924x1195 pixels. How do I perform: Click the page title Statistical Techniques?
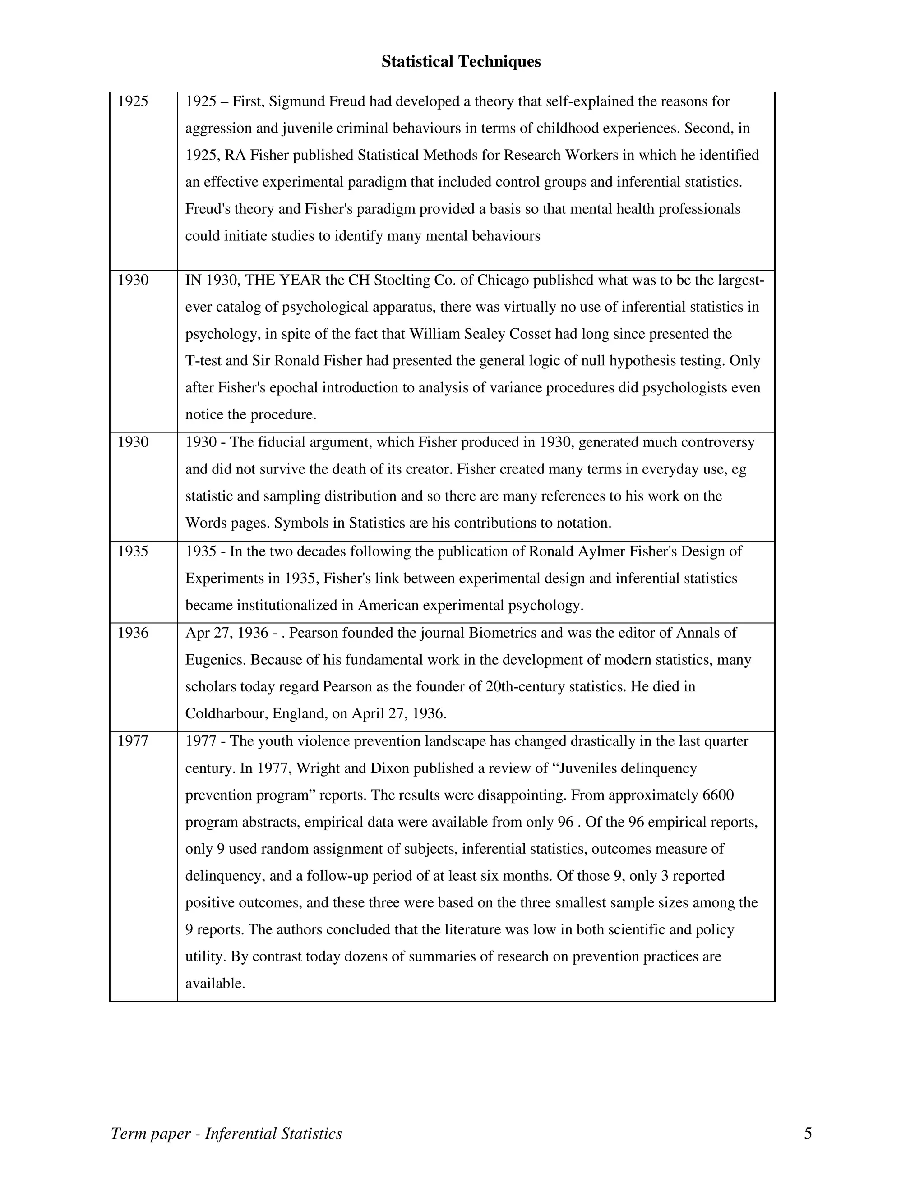click(x=461, y=61)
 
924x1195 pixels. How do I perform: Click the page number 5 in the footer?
click(x=808, y=1133)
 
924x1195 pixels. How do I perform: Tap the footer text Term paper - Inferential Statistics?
click(x=226, y=1133)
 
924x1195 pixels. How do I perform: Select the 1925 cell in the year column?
click(x=133, y=101)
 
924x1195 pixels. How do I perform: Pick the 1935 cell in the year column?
click(x=133, y=551)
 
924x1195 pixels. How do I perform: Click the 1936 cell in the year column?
click(x=133, y=633)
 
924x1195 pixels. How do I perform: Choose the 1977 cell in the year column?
click(x=133, y=741)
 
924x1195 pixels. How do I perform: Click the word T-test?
click(x=206, y=361)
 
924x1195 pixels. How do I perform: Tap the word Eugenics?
click(x=215, y=659)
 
